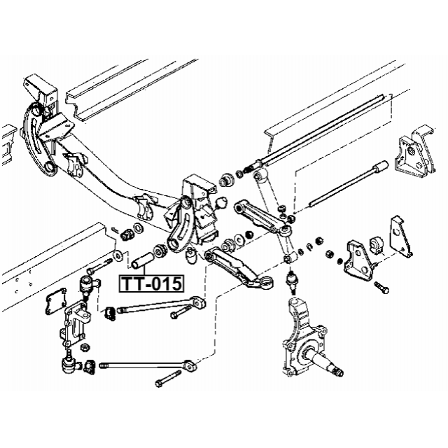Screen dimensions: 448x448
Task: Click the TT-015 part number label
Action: [x=152, y=283]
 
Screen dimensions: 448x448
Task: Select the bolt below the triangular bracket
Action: [x=382, y=287]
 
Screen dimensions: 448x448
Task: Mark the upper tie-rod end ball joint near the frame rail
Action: [x=84, y=283]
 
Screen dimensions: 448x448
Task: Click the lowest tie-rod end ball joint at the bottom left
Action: [x=69, y=363]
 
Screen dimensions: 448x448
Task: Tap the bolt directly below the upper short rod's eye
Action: [x=176, y=314]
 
